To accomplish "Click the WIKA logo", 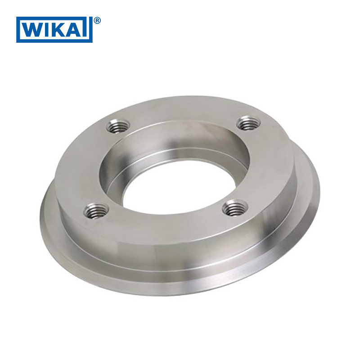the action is point(54,30).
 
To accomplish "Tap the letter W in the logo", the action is point(33,30).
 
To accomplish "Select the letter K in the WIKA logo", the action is point(61,30).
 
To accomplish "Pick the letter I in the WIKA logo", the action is point(49,30).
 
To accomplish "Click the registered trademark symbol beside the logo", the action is point(97,21).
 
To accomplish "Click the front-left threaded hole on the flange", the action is point(95,211).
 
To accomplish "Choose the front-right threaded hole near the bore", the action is point(234,207).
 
